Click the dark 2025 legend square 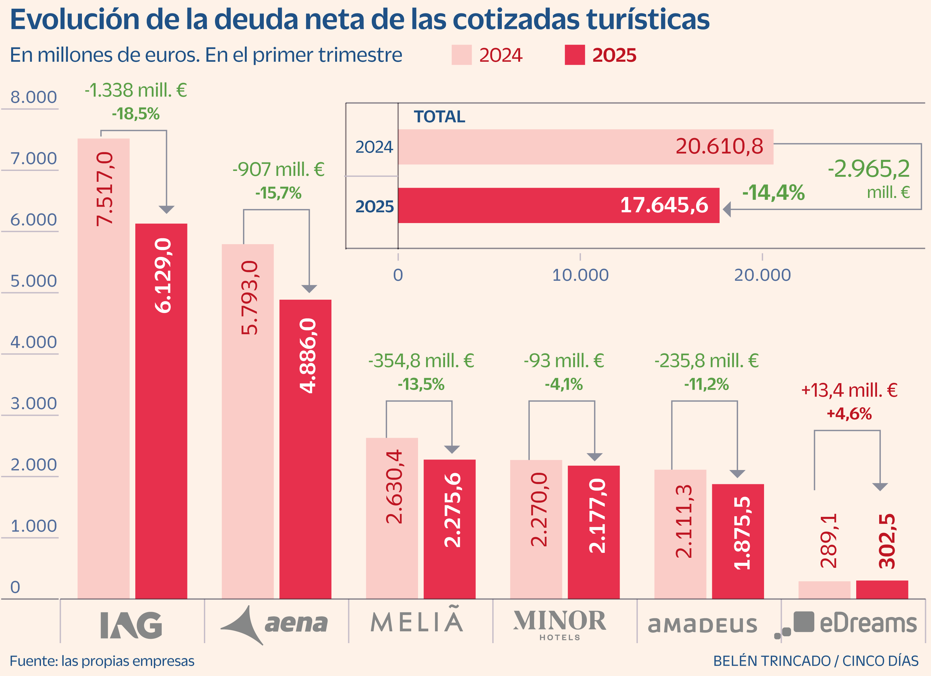(574, 55)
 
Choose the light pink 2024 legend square (461, 55)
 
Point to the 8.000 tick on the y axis (33, 97)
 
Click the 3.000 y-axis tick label (33, 404)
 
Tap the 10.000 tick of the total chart (580, 275)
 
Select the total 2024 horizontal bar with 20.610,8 (585, 147)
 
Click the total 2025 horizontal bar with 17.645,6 (558, 206)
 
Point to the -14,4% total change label (773, 192)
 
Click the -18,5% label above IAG (136, 114)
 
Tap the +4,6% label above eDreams (849, 414)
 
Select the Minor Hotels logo (560, 624)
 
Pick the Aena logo (274, 624)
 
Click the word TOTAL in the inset (439, 117)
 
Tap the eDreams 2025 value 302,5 (887, 541)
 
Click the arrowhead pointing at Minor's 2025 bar (594, 457)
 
